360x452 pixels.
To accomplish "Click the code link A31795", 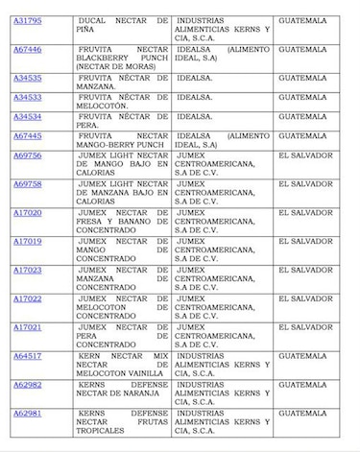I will tap(27, 20).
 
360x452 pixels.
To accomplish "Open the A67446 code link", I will tap(27, 49).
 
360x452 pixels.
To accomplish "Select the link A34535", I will tap(27, 78).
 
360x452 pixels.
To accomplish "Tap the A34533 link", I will tap(27, 97).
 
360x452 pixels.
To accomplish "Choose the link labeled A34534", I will tap(27, 116).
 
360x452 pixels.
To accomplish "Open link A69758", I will tap(27, 183).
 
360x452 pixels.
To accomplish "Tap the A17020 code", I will tap(27, 212).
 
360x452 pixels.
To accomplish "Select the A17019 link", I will tap(27, 241).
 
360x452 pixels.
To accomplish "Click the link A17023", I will tap(27, 270).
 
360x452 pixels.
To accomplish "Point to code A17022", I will tap(27, 298).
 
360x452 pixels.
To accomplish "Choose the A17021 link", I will tap(27, 327).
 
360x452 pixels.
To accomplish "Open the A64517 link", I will tap(27, 356).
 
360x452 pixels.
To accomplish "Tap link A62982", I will tap(27, 385).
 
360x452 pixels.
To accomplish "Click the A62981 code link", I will tap(27, 414).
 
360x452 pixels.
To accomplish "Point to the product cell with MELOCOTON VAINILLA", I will tap(121, 365).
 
